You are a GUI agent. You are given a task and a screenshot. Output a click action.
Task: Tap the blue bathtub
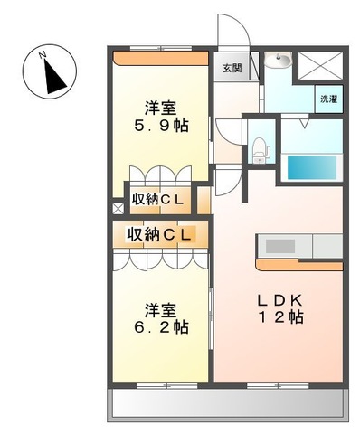[312, 168]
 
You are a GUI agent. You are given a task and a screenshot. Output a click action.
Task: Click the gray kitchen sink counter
[280, 246]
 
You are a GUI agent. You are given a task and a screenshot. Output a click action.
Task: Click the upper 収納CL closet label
[160, 197]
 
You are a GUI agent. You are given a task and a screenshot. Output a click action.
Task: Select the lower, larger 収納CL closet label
[160, 234]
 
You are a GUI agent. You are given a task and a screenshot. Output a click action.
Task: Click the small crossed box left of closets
[116, 208]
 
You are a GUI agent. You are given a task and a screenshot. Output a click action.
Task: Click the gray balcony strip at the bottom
[229, 404]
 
